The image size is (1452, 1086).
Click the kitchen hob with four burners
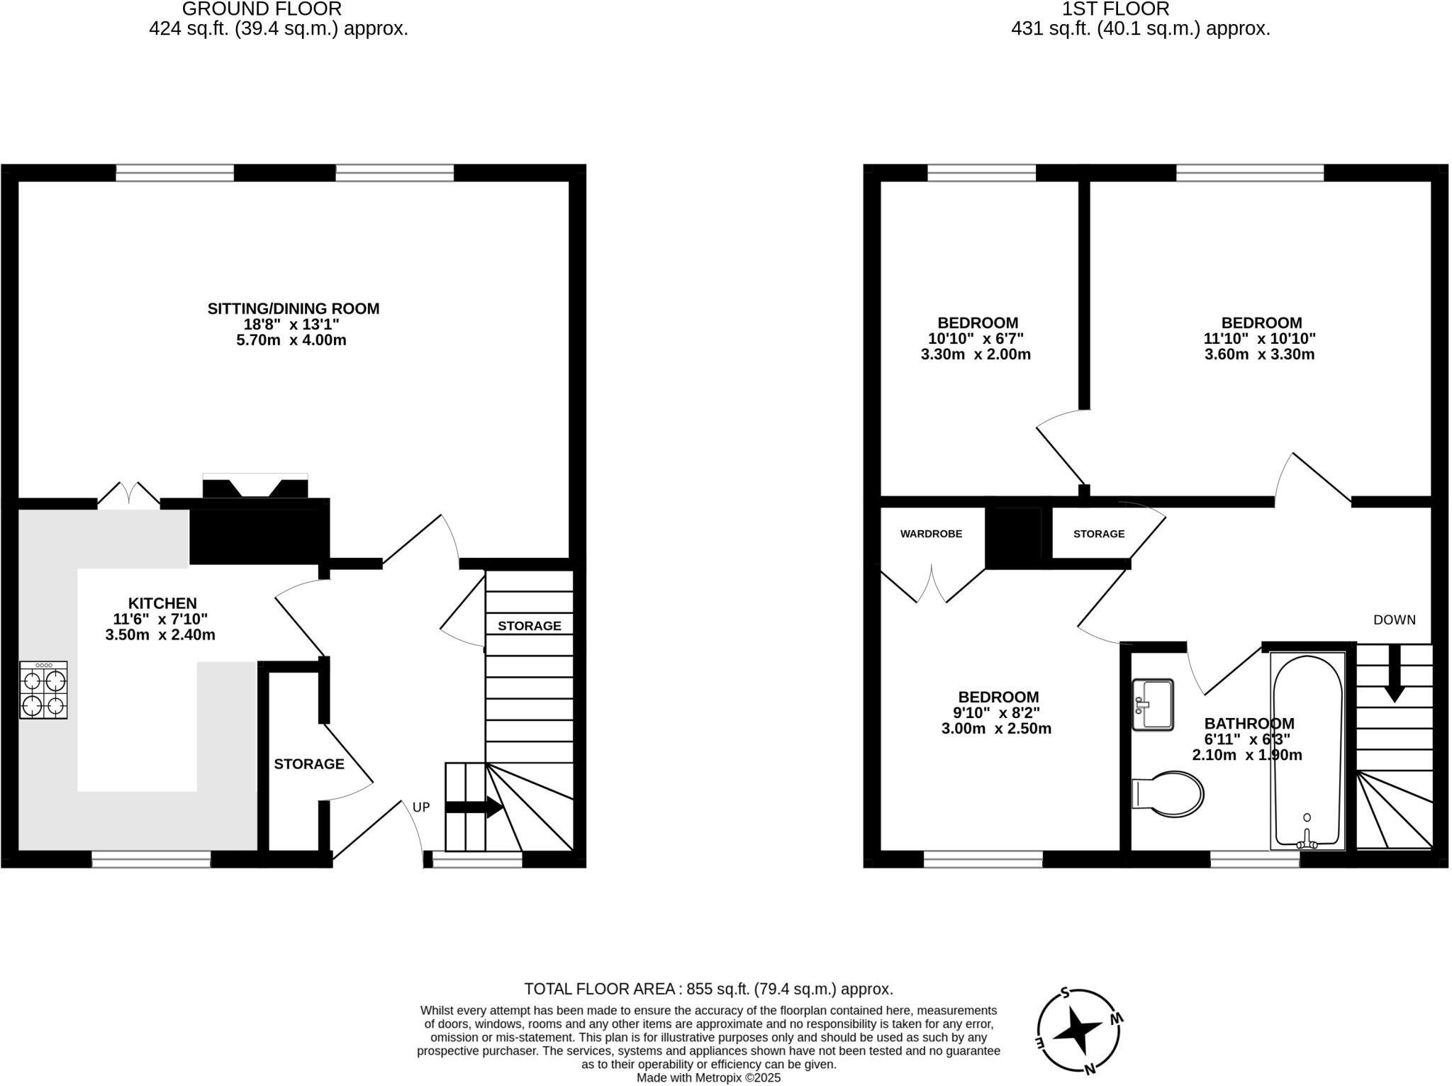click(x=43, y=690)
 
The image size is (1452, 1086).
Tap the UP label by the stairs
click(x=421, y=807)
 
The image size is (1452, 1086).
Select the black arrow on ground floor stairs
click(x=474, y=807)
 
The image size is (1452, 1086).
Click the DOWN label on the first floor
click(x=1394, y=620)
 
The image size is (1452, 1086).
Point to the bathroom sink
click(x=1153, y=704)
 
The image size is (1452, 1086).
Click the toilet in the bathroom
click(x=1168, y=794)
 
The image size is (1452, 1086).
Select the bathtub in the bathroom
click(x=1307, y=750)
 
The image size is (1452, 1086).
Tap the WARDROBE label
click(x=931, y=534)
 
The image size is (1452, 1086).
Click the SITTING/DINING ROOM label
click(x=293, y=308)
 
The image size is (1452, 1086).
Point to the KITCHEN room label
click(x=162, y=603)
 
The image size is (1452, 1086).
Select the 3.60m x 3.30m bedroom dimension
click(x=1259, y=354)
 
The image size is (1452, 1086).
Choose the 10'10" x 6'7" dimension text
click(x=976, y=339)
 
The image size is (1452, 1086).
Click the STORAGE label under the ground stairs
click(x=529, y=626)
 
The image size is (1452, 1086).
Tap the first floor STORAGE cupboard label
click(x=1098, y=534)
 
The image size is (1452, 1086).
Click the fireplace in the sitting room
click(x=255, y=487)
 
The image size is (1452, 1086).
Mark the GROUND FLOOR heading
click(x=262, y=9)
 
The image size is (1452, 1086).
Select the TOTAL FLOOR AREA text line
click(x=708, y=989)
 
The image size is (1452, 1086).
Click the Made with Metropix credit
click(x=708, y=1078)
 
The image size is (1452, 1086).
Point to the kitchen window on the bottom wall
click(x=151, y=860)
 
